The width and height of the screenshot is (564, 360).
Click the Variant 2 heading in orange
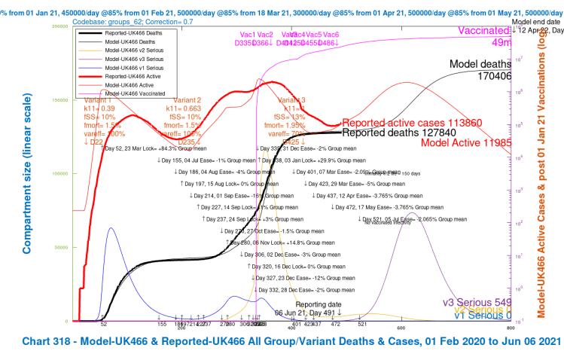(188, 99)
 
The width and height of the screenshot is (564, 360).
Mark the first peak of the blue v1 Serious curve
(111, 227)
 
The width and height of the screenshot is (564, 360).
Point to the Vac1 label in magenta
(247, 35)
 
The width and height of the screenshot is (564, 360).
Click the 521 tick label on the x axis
(362, 325)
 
